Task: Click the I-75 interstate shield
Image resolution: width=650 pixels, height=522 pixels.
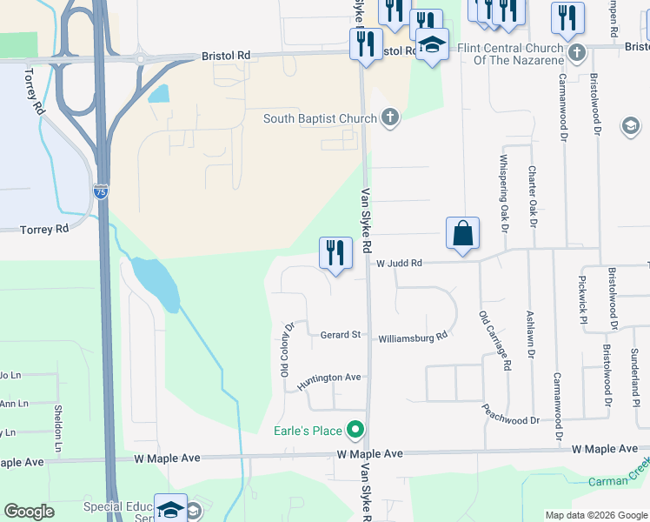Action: pyautogui.click(x=102, y=192)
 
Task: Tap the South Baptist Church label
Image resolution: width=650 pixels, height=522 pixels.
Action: pyautogui.click(x=322, y=118)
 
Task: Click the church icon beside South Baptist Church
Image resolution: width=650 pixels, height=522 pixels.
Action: pyautogui.click(x=390, y=117)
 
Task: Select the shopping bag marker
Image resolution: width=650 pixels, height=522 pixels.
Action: pyautogui.click(x=463, y=234)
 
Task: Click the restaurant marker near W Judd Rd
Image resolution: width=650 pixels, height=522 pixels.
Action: pyautogui.click(x=335, y=253)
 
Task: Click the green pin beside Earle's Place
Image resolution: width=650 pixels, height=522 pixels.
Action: pyautogui.click(x=355, y=430)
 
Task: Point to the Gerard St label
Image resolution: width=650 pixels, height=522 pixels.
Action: pyautogui.click(x=340, y=335)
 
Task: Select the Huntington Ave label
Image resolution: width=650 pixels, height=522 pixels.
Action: pyautogui.click(x=328, y=378)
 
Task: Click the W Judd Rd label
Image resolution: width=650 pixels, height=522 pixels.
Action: pyautogui.click(x=399, y=263)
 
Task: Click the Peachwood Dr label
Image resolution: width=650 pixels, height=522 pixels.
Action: pyautogui.click(x=510, y=420)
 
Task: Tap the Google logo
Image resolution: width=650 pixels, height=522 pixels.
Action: pyautogui.click(x=29, y=512)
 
